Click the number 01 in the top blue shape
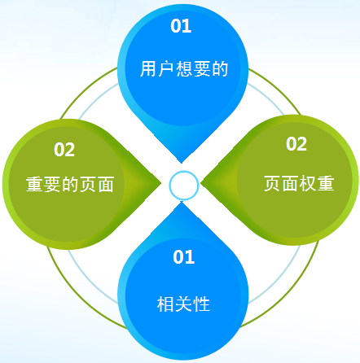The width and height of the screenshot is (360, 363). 181,26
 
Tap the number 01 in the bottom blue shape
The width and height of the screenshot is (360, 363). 184,256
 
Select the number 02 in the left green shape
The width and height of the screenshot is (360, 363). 64,150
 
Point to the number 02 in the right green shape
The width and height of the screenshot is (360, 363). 296,144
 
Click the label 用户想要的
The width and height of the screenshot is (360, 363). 184,69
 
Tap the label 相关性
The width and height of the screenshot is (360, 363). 184,304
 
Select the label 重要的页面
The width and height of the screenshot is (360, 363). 70,184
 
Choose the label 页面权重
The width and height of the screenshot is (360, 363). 299,183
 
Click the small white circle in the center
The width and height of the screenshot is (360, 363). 184,186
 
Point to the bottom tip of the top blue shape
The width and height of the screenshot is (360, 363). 182,164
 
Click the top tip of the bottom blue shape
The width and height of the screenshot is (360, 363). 182,202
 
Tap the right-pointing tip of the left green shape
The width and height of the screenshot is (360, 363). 161,183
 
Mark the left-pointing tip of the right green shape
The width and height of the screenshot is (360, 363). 200,185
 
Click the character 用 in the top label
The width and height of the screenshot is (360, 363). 148,69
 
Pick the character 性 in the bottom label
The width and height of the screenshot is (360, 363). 202,304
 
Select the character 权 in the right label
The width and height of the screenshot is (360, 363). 308,183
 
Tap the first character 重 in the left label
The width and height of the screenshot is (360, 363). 34,184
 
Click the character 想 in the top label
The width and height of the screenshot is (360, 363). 184,69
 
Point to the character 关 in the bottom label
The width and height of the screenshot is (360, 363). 184,304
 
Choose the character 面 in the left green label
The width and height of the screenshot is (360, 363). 105,184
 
